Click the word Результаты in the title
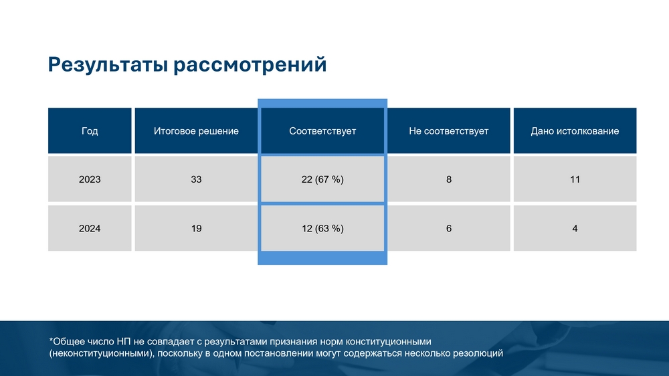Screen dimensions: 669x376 pos(108,65)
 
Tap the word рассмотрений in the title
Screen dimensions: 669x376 pos(250,65)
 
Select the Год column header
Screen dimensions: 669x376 pos(90,130)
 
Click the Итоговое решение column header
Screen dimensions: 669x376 pos(196,130)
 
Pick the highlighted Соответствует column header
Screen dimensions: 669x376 pos(322,130)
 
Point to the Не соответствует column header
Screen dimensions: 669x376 pos(449,130)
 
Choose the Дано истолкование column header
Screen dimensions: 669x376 pos(575,130)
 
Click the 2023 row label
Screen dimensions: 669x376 pos(90,179)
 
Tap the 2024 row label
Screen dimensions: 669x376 pos(90,228)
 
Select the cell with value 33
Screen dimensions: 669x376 pos(196,179)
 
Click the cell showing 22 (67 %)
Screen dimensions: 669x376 pos(322,179)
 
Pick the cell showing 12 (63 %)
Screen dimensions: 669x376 pos(322,228)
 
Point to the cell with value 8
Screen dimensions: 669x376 pos(449,179)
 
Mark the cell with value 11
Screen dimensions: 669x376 pos(575,179)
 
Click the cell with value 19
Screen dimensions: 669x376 pos(196,228)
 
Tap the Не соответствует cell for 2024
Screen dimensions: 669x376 pos(449,228)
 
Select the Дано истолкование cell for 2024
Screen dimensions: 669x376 pos(575,228)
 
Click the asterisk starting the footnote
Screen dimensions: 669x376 pos(52,340)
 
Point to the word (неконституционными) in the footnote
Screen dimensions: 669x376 pos(101,354)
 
